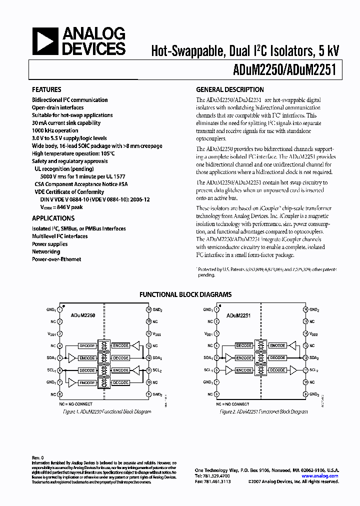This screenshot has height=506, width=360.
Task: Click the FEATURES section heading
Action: pyautogui.click(x=46, y=90)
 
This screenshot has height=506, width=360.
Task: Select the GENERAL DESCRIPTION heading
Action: pyautogui.click(x=229, y=90)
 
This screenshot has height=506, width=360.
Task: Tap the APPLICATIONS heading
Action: pyautogui.click(x=53, y=218)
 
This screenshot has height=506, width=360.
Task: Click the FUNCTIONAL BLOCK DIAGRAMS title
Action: pyautogui.click(x=185, y=294)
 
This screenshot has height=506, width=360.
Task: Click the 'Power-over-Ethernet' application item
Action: pyautogui.click(x=56, y=259)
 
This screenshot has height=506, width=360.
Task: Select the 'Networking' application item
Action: pyautogui.click(x=46, y=252)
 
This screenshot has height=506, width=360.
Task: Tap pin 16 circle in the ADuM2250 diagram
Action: pyautogui.click(x=148, y=309)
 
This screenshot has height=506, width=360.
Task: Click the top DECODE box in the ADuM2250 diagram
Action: pyautogui.click(x=87, y=345)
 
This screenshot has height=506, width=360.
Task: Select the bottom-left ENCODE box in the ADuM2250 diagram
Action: pyautogui.click(x=87, y=382)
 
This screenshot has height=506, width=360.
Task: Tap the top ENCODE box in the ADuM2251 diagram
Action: pyautogui.click(x=277, y=345)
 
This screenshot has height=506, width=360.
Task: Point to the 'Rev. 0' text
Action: pyautogui.click(x=38, y=457)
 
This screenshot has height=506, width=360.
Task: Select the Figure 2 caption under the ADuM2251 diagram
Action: pyautogui.click(x=263, y=411)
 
